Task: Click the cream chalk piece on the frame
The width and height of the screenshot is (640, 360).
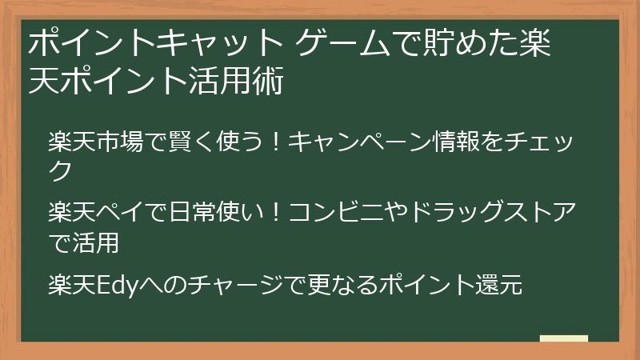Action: click(563, 338)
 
